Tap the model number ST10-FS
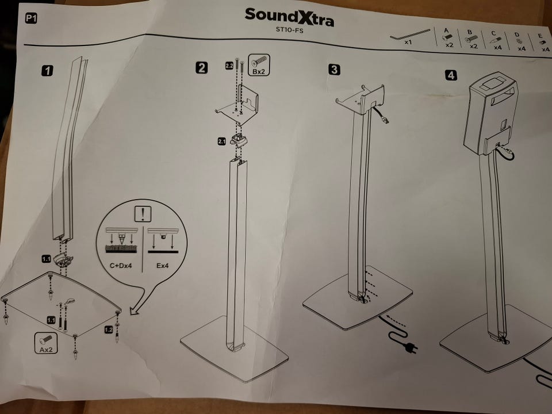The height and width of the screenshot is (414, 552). pos(289,30)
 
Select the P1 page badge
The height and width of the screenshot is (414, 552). pos(31,18)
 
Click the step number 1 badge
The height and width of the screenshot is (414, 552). pos(48,70)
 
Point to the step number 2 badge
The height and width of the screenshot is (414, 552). pos(201,68)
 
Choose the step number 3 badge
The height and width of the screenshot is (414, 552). pos(334,70)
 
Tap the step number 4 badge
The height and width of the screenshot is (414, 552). pos(451,75)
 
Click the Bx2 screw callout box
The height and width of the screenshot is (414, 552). pos(259,65)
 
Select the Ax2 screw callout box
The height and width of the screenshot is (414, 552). pos(46,343)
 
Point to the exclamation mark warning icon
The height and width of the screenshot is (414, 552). pos(143,214)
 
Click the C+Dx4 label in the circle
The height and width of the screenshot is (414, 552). pos(121,266)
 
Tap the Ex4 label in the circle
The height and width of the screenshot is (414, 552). pos(162,266)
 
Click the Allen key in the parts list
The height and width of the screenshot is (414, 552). pos(410,34)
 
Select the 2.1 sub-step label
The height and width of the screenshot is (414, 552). pos(221,141)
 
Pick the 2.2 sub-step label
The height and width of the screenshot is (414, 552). pos(229,66)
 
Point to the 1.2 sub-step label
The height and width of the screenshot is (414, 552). pos(109,329)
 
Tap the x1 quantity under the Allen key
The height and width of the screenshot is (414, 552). pos(408,42)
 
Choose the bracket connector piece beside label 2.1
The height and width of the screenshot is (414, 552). pos(238,140)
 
